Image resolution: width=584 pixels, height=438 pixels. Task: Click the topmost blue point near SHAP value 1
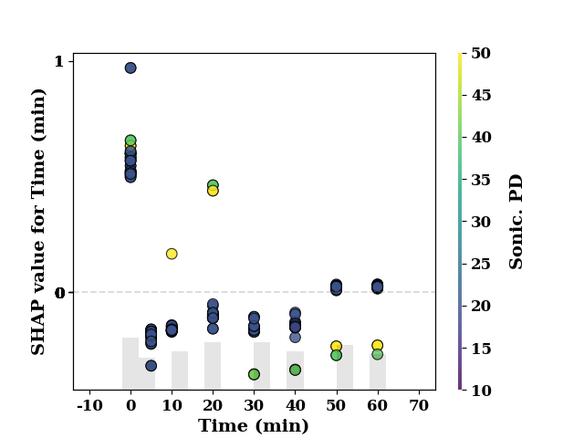[130, 68]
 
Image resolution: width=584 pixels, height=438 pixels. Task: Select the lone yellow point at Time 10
[172, 254]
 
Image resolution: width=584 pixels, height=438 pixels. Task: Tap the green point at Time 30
[254, 374]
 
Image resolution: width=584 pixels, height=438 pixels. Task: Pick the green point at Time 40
[295, 370]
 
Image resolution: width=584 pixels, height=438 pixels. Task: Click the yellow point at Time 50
[336, 347]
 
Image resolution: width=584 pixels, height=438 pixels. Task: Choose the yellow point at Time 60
[377, 345]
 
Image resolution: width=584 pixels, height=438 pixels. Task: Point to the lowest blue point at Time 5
[151, 366]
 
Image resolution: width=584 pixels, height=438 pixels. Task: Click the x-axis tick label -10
[89, 405]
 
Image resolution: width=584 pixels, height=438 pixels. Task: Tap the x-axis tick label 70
[419, 405]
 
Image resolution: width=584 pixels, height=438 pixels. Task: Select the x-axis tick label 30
[254, 405]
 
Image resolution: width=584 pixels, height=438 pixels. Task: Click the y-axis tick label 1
[59, 61]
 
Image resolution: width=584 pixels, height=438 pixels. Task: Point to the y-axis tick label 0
[59, 293]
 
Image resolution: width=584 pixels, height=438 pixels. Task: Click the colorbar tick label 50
[481, 53]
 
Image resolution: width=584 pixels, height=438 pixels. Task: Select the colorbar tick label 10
[481, 391]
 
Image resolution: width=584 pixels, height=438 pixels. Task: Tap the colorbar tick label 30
[481, 222]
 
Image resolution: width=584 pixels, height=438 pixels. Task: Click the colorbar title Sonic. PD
[516, 222]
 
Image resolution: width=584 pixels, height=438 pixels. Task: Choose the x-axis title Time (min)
[254, 426]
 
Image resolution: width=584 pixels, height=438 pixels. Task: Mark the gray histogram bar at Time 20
[213, 366]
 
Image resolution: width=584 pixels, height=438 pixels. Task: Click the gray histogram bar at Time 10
[180, 370]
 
